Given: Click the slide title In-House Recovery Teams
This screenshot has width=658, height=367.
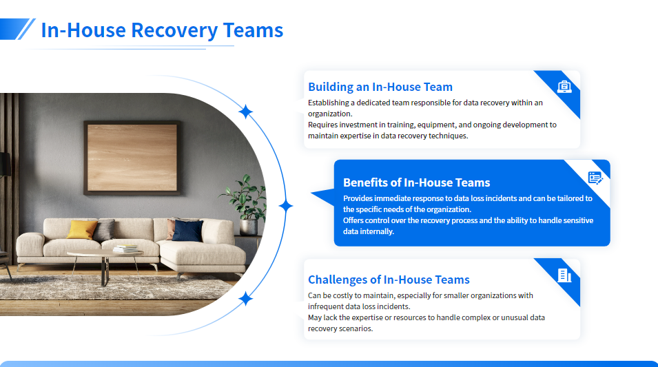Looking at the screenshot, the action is pos(162,30).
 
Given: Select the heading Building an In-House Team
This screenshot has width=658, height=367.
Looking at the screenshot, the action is pos(380,87).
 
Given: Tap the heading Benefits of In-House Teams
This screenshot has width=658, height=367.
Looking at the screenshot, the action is pos(416,182).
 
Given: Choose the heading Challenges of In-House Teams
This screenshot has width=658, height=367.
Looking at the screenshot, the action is pos(389,280).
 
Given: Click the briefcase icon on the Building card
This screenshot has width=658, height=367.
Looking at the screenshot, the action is pos(564,87).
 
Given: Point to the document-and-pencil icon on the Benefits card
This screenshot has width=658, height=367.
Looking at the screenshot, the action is pos(595,178).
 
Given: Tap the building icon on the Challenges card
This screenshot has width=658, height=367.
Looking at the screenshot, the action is pos(564,275).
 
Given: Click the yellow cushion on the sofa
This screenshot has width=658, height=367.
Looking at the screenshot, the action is pos(82,229).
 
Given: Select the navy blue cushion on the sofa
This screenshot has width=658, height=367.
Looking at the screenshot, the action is pos(187,231).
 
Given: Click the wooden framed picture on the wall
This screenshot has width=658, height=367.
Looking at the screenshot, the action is pos(132,158).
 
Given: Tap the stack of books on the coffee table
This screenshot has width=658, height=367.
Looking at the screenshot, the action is pos(126,249).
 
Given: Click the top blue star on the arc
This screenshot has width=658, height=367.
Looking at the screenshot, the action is pos(245,112).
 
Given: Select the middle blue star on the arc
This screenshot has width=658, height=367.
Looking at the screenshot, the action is pos(286,206).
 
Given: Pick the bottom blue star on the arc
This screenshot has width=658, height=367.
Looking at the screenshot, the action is pos(245,299).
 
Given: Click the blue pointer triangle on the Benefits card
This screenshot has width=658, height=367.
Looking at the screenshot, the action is pos(322,197).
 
